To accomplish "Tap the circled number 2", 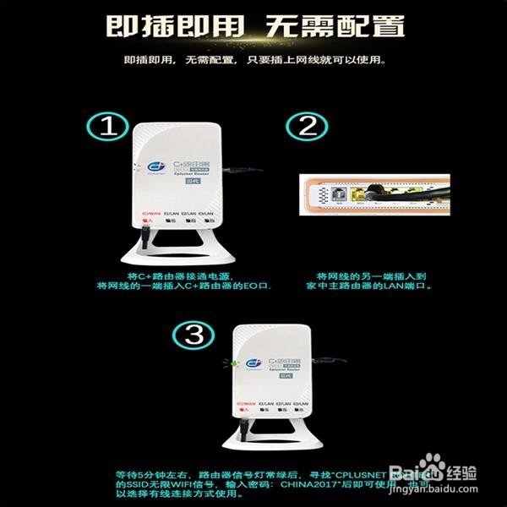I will (x=307, y=127).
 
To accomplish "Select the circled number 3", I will (x=196, y=335).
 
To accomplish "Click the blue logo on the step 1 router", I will (x=155, y=164).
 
